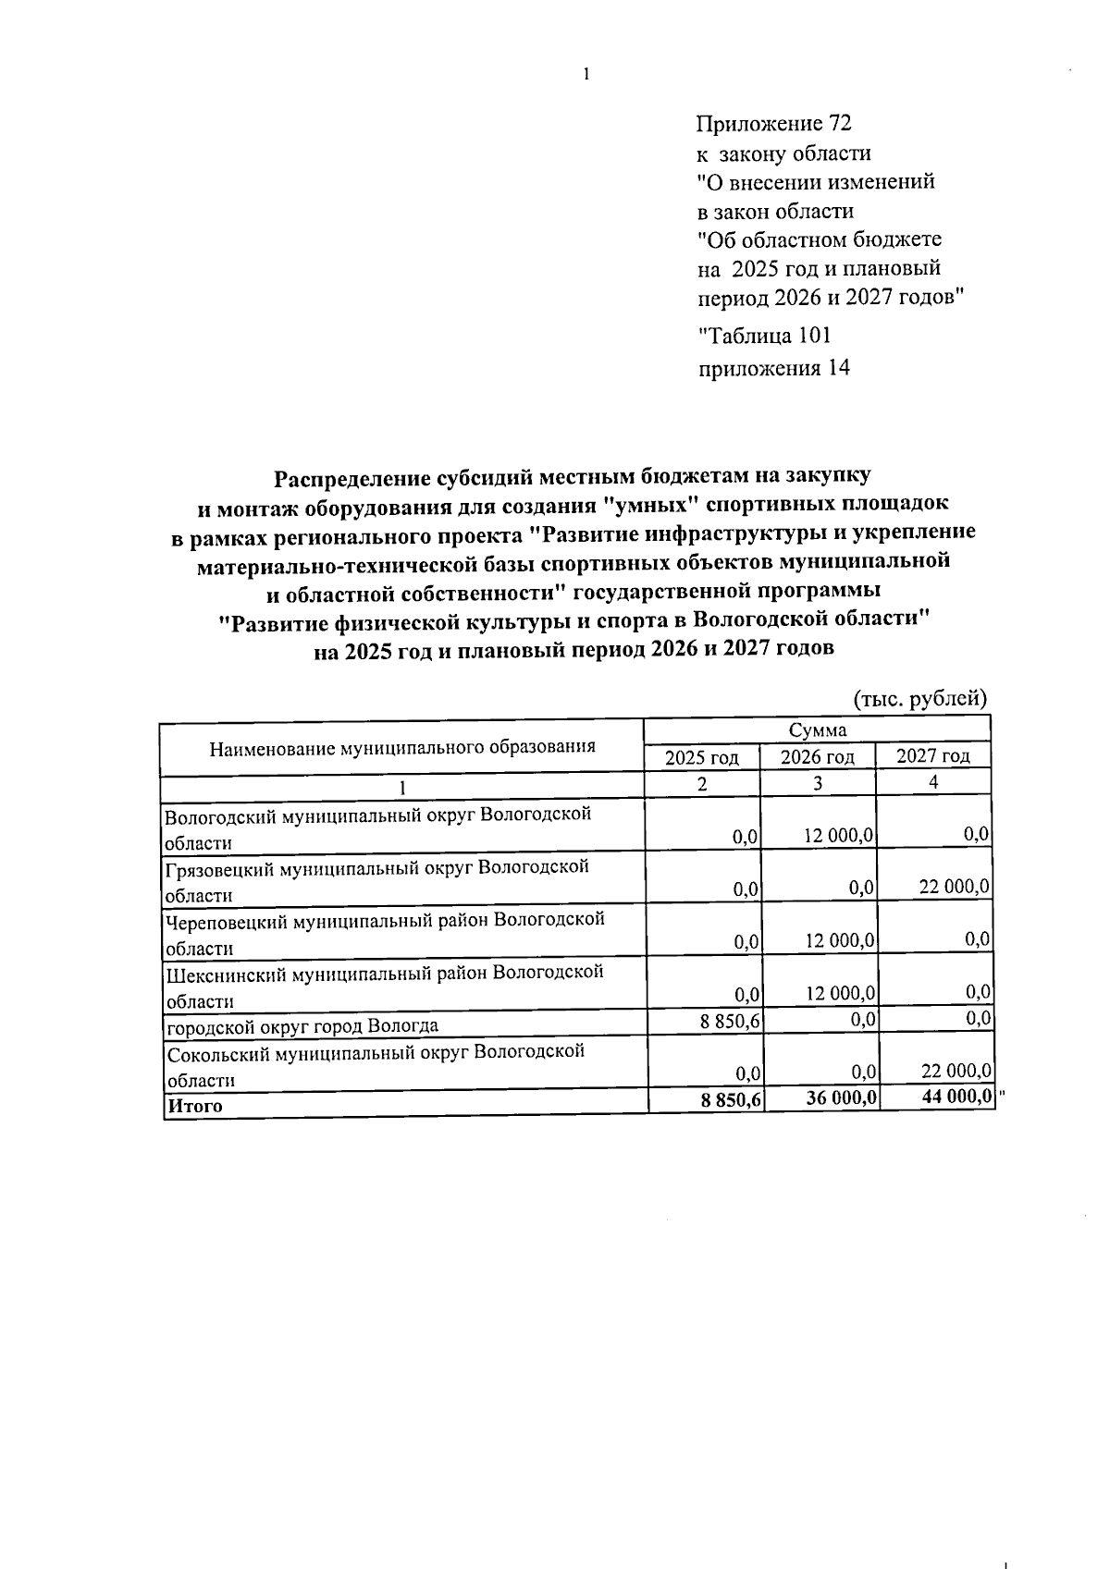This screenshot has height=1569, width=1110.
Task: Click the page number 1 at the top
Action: pyautogui.click(x=586, y=75)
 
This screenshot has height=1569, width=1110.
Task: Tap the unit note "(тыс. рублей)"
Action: pyautogui.click(x=919, y=699)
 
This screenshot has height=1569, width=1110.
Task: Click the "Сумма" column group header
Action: pyautogui.click(x=818, y=730)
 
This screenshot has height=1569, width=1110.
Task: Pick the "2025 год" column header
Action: pyautogui.click(x=702, y=757)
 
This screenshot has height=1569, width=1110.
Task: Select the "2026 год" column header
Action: pyautogui.click(x=818, y=757)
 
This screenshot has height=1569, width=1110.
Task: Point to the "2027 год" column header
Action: pyautogui.click(x=933, y=756)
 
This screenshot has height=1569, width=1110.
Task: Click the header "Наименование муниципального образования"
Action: pyautogui.click(x=402, y=747)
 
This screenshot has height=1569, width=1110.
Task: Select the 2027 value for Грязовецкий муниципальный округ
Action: pyautogui.click(x=955, y=887)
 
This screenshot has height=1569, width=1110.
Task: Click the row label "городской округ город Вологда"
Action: pyautogui.click(x=302, y=1025)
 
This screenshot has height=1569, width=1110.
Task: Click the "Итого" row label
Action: pyautogui.click(x=194, y=1105)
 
